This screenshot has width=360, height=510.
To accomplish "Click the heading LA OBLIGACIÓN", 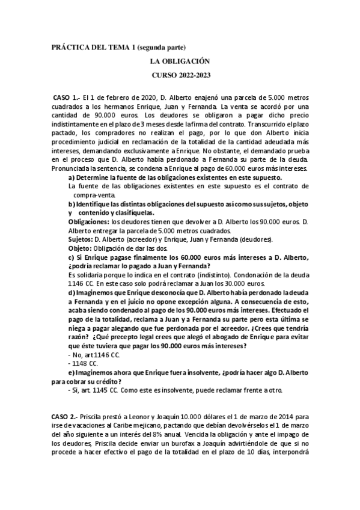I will [x=180, y=61].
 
